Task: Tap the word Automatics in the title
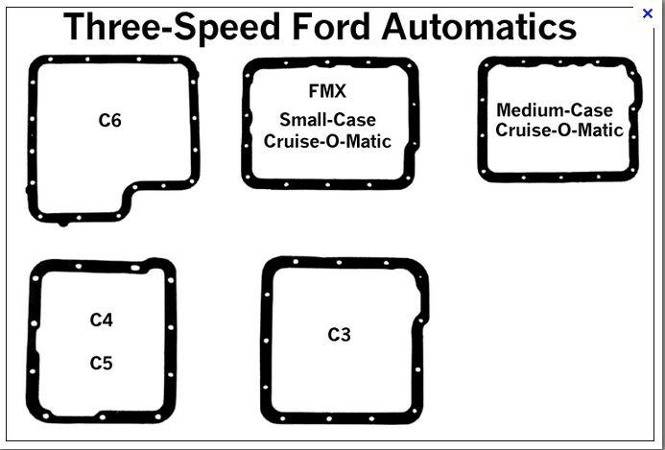click(479, 27)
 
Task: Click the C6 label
click(109, 121)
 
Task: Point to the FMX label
click(327, 92)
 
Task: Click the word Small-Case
click(327, 120)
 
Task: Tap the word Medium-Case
click(554, 110)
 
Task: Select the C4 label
click(102, 320)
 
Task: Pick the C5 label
click(102, 364)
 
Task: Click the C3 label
click(339, 335)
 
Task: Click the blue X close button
click(648, 13)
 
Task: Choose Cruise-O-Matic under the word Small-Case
click(327, 141)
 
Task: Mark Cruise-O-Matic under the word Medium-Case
click(558, 130)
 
